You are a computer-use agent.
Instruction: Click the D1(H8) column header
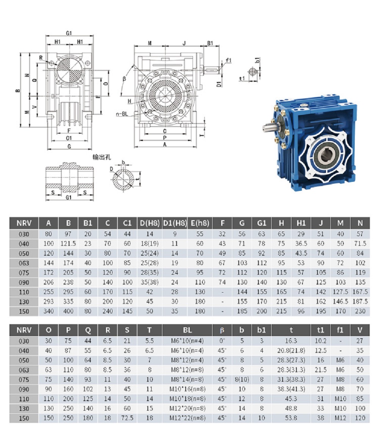click(175, 223)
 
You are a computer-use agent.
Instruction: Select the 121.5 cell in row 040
click(68, 244)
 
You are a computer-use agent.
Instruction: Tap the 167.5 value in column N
click(360, 292)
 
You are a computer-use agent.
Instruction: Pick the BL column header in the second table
click(187, 330)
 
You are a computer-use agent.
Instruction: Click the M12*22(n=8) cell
click(187, 418)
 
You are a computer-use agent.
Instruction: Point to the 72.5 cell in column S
click(127, 418)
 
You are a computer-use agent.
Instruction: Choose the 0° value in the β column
click(222, 341)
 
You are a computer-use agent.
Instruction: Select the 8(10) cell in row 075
click(242, 380)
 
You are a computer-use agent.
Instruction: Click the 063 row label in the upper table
click(24, 263)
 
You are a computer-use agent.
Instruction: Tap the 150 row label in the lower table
click(24, 419)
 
